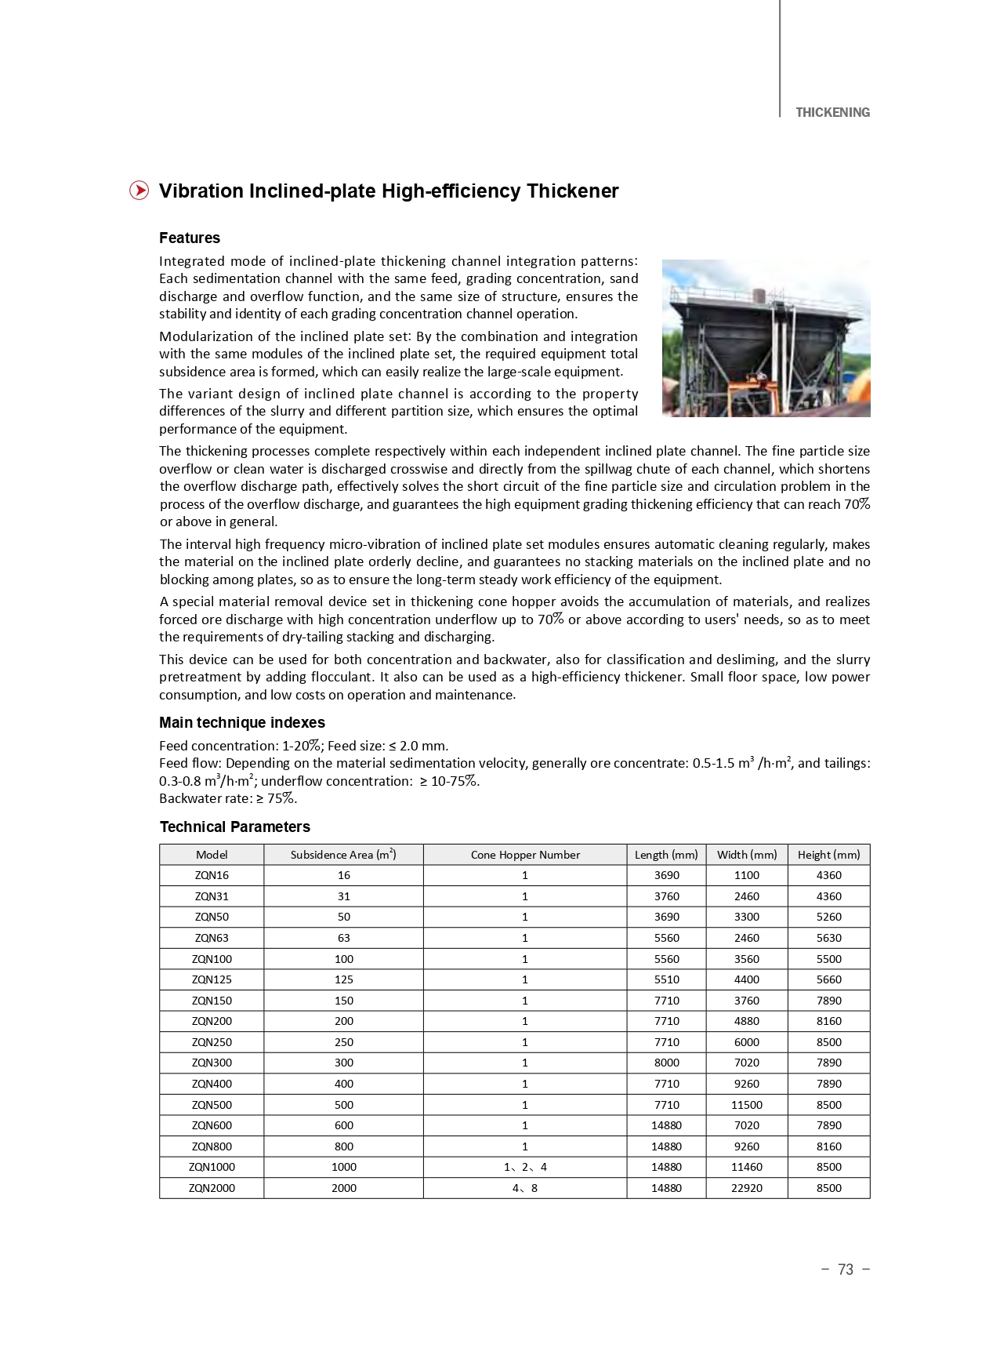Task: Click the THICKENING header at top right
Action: pyautogui.click(x=832, y=112)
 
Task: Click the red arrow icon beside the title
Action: pyautogui.click(x=139, y=191)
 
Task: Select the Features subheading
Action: pyautogui.click(x=190, y=238)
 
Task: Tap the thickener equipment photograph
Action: pyautogui.click(x=766, y=338)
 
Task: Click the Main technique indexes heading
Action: pyautogui.click(x=241, y=722)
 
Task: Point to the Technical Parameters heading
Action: pyautogui.click(x=234, y=827)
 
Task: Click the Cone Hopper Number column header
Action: pyautogui.click(x=525, y=855)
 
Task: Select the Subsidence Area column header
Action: pyautogui.click(x=343, y=855)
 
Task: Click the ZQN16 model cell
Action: pyautogui.click(x=212, y=875)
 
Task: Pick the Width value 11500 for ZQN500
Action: pyautogui.click(x=746, y=1104)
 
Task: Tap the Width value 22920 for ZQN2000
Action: pyautogui.click(x=746, y=1188)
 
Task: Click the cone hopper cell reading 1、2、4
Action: pyautogui.click(x=525, y=1167)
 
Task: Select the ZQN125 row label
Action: pyautogui.click(x=212, y=979)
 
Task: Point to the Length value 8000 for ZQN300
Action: pyautogui.click(x=666, y=1063)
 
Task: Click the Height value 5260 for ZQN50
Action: pyautogui.click(x=828, y=917)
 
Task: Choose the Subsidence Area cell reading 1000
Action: pyautogui.click(x=343, y=1167)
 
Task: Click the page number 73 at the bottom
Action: pyautogui.click(x=845, y=1270)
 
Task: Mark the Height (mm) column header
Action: pyautogui.click(x=828, y=855)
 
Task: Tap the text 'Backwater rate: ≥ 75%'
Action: pyautogui.click(x=228, y=798)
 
